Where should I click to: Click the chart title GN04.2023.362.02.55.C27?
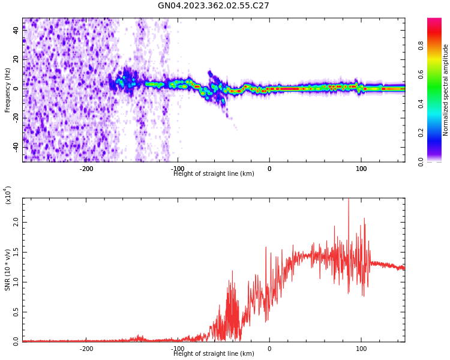point(213,6)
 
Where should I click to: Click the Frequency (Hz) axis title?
point(8,90)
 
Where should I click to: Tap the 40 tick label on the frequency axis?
point(16,30)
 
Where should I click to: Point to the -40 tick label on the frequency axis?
point(15,147)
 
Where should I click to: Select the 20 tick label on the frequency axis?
point(16,59)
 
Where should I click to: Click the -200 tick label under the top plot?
point(86,169)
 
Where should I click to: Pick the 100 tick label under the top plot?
point(361,169)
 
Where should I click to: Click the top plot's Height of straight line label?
point(214,174)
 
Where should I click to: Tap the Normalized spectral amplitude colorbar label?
point(446,90)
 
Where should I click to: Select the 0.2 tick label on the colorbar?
point(438,133)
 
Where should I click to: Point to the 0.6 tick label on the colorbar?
point(438,74)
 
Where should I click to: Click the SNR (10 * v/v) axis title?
point(8,270)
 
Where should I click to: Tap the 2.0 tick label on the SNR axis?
point(16,222)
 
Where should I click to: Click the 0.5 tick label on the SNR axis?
point(16,312)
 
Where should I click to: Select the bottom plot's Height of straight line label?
point(214,354)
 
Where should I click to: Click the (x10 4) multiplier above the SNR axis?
point(8,196)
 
